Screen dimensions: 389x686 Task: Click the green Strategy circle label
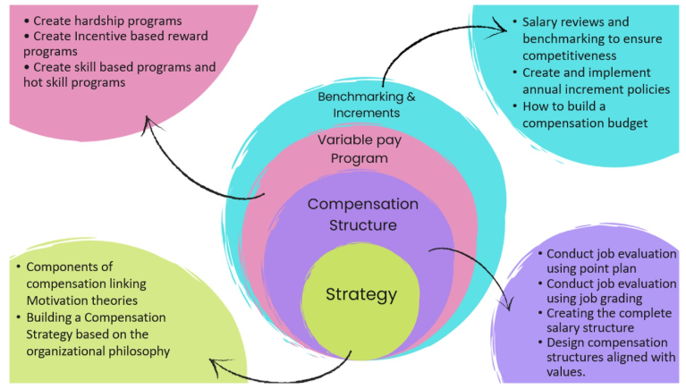coord(361,294)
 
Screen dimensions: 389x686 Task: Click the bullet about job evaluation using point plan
coord(610,262)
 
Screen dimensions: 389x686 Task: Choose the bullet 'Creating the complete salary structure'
coord(611,320)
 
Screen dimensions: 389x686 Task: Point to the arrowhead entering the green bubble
coord(211,364)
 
